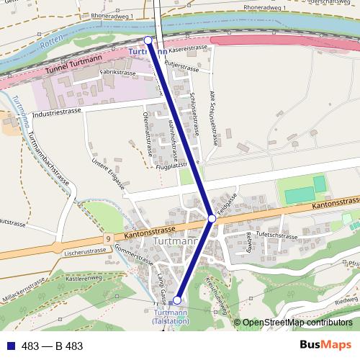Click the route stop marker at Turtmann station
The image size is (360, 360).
[148, 40]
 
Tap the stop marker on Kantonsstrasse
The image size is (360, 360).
[212, 217]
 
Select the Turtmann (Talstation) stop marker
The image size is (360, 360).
[177, 300]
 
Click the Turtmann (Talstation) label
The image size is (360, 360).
[171, 317]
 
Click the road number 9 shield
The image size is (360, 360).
[107, 238]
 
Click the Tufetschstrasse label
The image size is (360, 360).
[276, 235]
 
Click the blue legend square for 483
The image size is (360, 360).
[9, 346]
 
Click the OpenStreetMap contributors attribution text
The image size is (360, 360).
[297, 323]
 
